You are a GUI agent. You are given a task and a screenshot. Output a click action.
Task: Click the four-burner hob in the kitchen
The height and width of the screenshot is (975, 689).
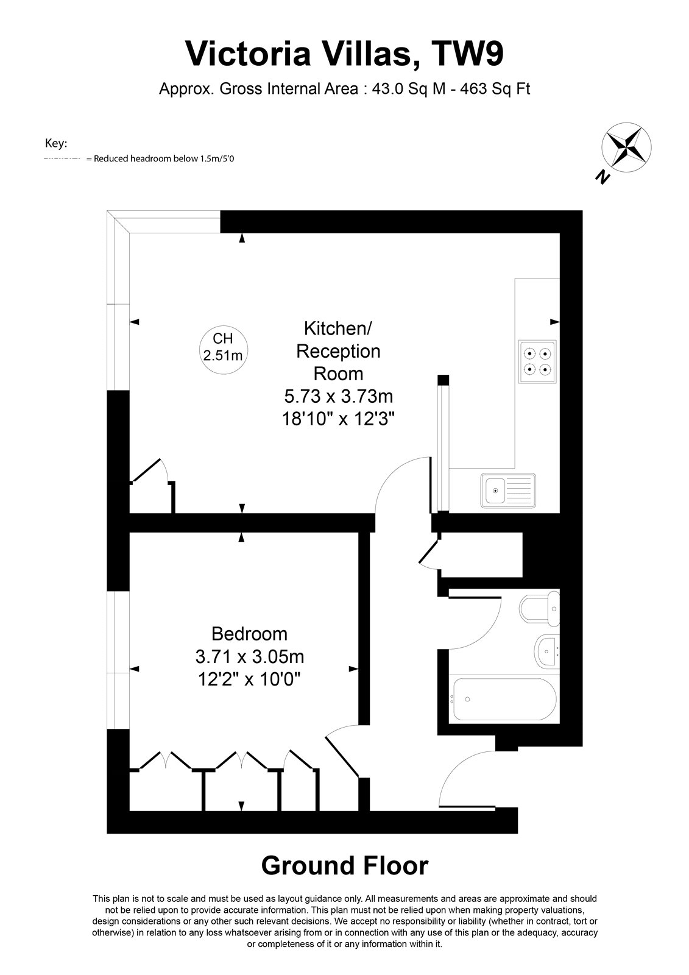coord(537,362)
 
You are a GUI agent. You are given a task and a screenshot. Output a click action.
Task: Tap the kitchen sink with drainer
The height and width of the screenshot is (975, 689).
coord(508,491)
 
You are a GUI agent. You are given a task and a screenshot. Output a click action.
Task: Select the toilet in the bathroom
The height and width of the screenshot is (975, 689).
coord(539,609)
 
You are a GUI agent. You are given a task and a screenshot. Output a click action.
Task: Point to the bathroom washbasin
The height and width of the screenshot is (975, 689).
coord(547,652)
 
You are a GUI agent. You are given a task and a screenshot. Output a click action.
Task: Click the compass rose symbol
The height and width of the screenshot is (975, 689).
coord(626,147)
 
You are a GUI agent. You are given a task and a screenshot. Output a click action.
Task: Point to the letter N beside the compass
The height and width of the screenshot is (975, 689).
coord(602,177)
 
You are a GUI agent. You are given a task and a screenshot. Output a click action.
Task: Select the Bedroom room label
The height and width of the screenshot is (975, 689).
coord(249,634)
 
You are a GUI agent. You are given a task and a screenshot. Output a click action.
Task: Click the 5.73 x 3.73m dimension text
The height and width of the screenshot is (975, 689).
coord(339,397)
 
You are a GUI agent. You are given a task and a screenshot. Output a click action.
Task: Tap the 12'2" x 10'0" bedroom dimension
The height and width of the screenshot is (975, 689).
coord(249,679)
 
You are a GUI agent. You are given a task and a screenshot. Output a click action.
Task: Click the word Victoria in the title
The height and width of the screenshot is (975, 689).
coord(248,54)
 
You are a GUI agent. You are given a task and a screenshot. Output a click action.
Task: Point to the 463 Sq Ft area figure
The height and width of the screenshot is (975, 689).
coord(495,89)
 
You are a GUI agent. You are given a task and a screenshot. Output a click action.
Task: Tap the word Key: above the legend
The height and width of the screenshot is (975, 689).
coord(56,143)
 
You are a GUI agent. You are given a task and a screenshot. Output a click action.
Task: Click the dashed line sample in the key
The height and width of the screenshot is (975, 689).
coord(62,159)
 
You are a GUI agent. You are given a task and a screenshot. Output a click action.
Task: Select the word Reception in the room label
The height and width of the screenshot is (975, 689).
coord(338,351)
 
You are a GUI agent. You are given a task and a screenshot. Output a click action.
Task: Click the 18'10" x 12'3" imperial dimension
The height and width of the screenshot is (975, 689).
coord(338,419)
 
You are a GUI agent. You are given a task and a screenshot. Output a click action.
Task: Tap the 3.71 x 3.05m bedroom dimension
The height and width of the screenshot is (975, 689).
coord(249,656)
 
